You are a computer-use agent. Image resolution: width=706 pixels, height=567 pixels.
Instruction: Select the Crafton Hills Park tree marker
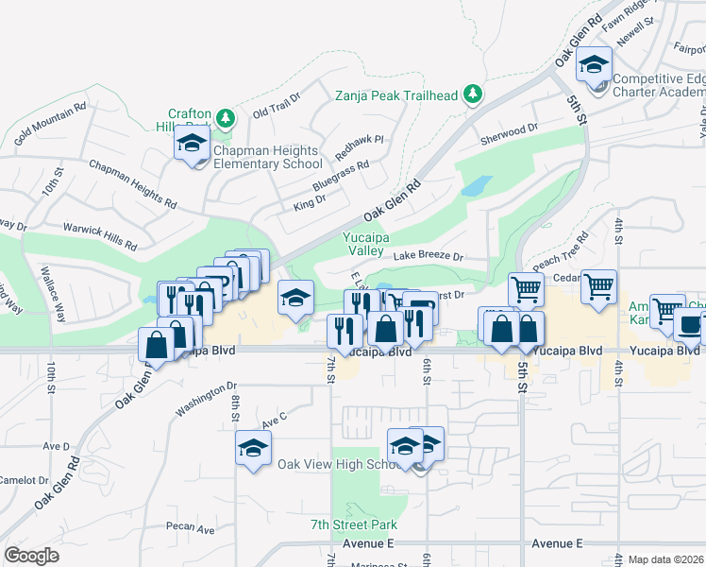coord(225,118)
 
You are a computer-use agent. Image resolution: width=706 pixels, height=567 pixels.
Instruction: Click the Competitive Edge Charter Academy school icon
coord(595,66)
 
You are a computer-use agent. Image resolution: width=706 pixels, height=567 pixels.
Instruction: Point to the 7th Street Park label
coord(354,524)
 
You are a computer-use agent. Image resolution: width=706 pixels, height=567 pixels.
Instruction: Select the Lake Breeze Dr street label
coord(429,255)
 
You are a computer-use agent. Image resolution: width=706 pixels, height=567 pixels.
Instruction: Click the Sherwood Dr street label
coord(509,127)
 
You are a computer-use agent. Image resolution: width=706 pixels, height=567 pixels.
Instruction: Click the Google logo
coord(32,556)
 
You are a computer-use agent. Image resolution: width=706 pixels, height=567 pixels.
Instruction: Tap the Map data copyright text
coord(664,559)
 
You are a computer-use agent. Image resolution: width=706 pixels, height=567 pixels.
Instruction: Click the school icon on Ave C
coord(253,447)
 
